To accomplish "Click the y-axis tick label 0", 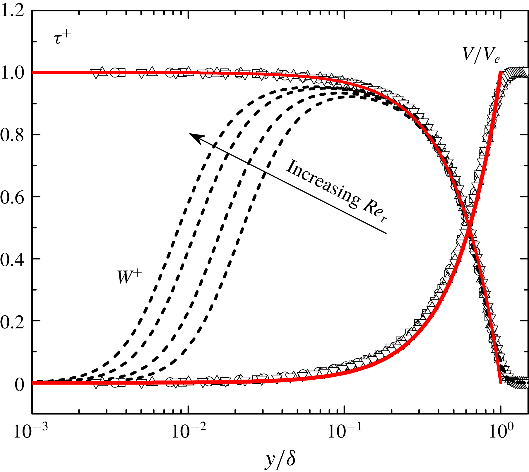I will click(19, 384).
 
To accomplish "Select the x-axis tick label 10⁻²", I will click(187, 432).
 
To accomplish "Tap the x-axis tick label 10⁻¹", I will click(344, 432).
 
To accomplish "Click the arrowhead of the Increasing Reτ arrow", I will click(193, 135).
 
